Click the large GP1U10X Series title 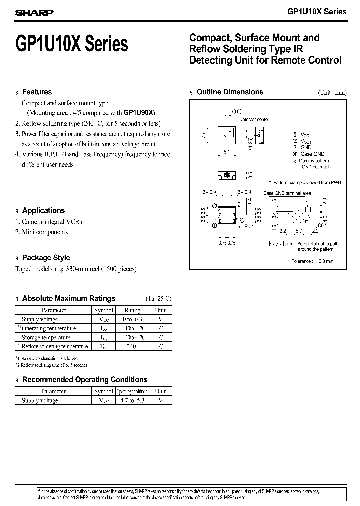(x=72, y=45)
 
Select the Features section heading (x=37, y=92)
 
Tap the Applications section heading (x=43, y=211)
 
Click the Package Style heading (x=46, y=258)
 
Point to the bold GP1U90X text (x=139, y=113)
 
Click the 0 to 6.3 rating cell (x=132, y=319)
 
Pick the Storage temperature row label (x=46, y=337)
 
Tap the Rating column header (x=132, y=310)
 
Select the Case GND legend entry (x=312, y=154)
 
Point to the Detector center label (x=254, y=120)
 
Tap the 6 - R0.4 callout (x=246, y=226)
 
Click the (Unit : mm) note (x=332, y=93)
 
